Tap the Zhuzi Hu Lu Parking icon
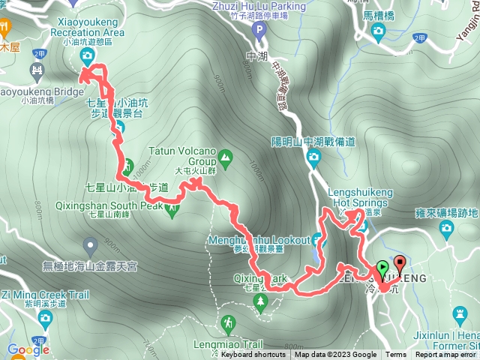(259, 31)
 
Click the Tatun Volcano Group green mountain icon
(226, 158)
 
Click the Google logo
(28, 349)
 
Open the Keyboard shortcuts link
(253, 355)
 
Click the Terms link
(396, 355)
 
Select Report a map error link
(446, 355)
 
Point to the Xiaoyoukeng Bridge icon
(35, 73)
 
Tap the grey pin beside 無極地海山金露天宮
(91, 244)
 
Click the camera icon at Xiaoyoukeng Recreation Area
(88, 56)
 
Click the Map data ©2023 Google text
(335, 355)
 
